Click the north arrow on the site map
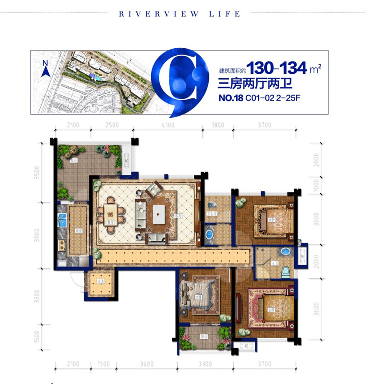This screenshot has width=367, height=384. pyautogui.click(x=44, y=69)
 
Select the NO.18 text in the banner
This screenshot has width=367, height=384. pyautogui.click(x=230, y=98)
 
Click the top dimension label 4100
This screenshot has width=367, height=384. pyautogui.click(x=168, y=125)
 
